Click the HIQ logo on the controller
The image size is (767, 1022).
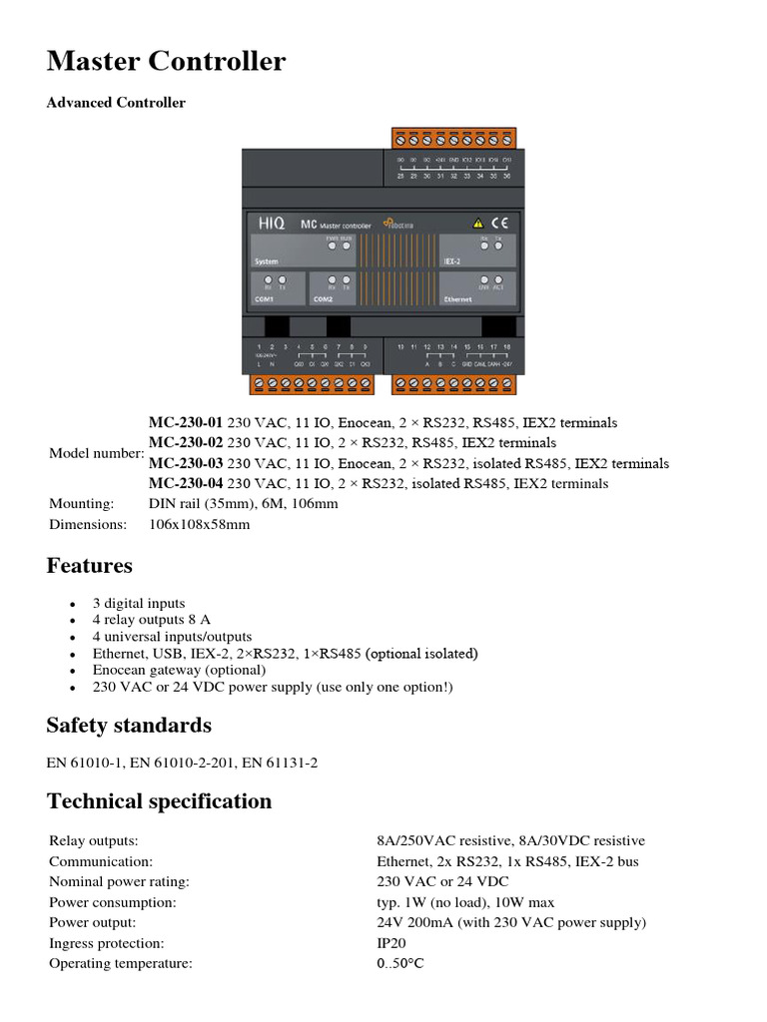[x=270, y=226]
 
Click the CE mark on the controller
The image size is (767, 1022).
[x=502, y=225]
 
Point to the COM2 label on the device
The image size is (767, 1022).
[x=324, y=297]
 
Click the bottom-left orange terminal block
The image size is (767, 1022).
[x=312, y=382]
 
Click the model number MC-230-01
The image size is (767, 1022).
[x=187, y=422]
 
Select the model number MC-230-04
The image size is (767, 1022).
[x=187, y=484]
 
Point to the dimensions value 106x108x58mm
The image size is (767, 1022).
[x=199, y=524]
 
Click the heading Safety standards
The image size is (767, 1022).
[x=129, y=725]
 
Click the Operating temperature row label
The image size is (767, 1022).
[x=120, y=963]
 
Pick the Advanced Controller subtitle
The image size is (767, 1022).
[x=116, y=103]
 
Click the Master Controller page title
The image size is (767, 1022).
[x=166, y=62]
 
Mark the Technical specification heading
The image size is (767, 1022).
[x=159, y=800]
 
